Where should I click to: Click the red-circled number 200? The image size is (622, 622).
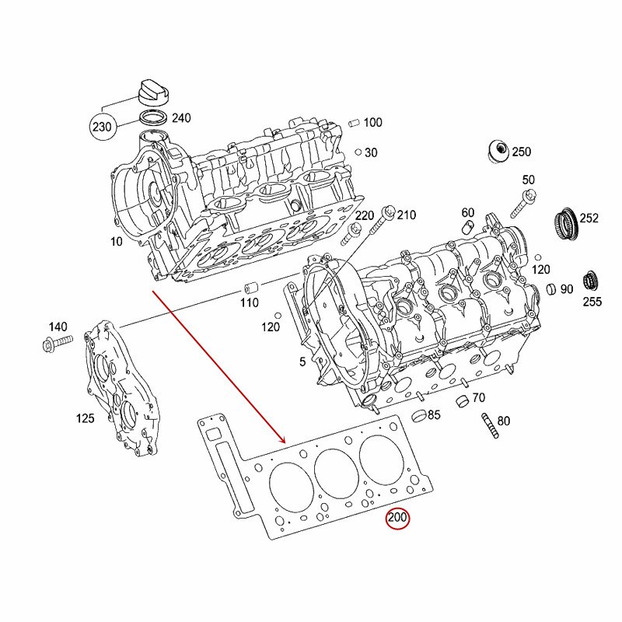tap(398, 518)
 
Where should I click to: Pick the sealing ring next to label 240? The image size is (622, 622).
tap(153, 119)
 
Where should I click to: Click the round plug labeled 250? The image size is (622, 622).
tap(495, 152)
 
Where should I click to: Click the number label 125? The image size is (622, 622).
tap(85, 418)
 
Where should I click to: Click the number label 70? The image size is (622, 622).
tap(479, 398)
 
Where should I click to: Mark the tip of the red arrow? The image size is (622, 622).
tap(285, 442)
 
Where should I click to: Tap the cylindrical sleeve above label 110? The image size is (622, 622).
tap(248, 285)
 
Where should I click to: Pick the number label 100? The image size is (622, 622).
tap(372, 122)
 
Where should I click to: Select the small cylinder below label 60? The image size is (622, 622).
tap(469, 226)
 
